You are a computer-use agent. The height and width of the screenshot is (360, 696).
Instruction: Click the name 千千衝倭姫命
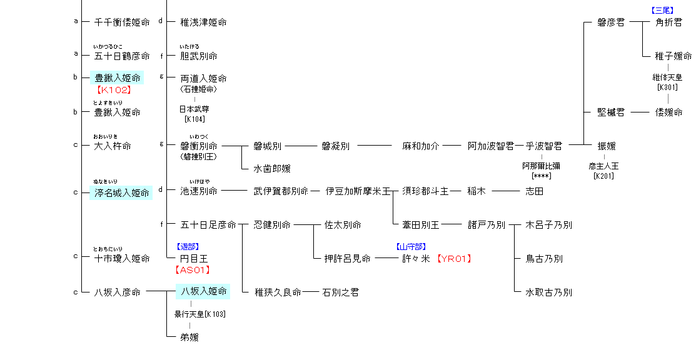click(x=122, y=22)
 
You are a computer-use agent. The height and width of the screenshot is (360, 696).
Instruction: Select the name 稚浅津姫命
click(x=203, y=22)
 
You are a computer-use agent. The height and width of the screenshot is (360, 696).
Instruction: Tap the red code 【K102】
click(x=113, y=90)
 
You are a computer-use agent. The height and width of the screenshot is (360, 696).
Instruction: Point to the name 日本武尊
click(x=194, y=109)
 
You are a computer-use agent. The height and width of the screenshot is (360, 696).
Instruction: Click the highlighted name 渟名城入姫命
click(x=122, y=192)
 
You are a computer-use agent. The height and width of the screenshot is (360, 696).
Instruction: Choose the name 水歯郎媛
click(x=272, y=169)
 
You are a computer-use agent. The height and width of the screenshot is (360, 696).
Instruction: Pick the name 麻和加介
click(x=421, y=146)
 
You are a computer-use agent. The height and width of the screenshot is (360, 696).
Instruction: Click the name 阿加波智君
click(x=491, y=146)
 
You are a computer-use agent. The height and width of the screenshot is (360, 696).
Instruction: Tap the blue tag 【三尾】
click(x=662, y=11)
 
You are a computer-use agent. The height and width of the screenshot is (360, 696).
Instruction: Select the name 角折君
click(x=668, y=22)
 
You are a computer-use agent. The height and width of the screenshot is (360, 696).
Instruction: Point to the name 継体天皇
click(x=667, y=77)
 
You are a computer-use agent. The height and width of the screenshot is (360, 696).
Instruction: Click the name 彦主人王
click(x=603, y=167)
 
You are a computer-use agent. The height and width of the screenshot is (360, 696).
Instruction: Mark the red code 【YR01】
click(x=453, y=259)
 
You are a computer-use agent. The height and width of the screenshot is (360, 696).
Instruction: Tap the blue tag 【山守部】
click(x=411, y=247)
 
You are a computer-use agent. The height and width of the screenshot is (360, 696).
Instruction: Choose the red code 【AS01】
click(x=192, y=270)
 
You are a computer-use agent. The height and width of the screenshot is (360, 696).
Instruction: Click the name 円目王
click(x=194, y=259)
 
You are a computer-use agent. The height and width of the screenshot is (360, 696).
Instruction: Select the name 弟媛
click(x=189, y=337)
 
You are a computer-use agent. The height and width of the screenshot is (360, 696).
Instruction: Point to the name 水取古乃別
click(x=548, y=292)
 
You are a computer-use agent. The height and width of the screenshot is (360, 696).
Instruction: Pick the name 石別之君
click(x=340, y=292)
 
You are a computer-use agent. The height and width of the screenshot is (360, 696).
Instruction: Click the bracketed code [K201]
click(x=603, y=176)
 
